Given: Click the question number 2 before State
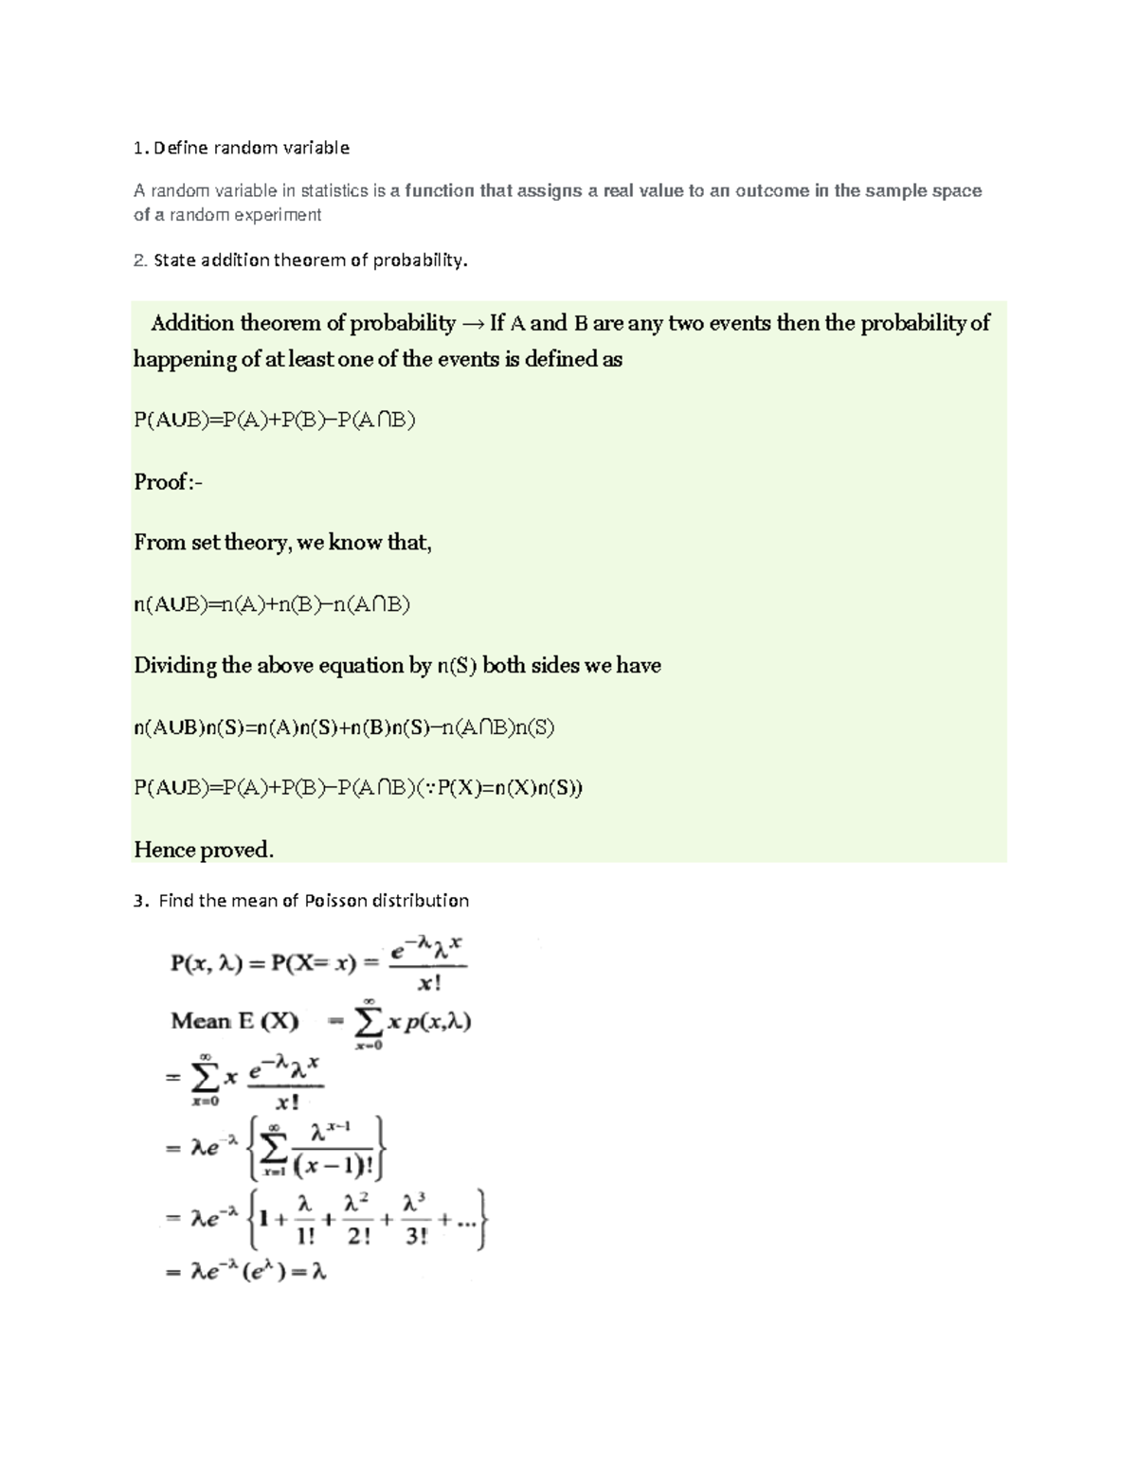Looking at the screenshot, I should tap(138, 260).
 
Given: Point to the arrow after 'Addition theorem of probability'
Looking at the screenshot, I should tap(472, 324).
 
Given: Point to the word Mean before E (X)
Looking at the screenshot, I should tap(201, 1021).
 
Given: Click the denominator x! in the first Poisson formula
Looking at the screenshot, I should tap(429, 984).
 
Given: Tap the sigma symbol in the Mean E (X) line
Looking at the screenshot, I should tap(367, 1022).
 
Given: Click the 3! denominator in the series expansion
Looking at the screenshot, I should tap(415, 1236).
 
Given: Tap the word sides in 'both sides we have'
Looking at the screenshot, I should tap(554, 666).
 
